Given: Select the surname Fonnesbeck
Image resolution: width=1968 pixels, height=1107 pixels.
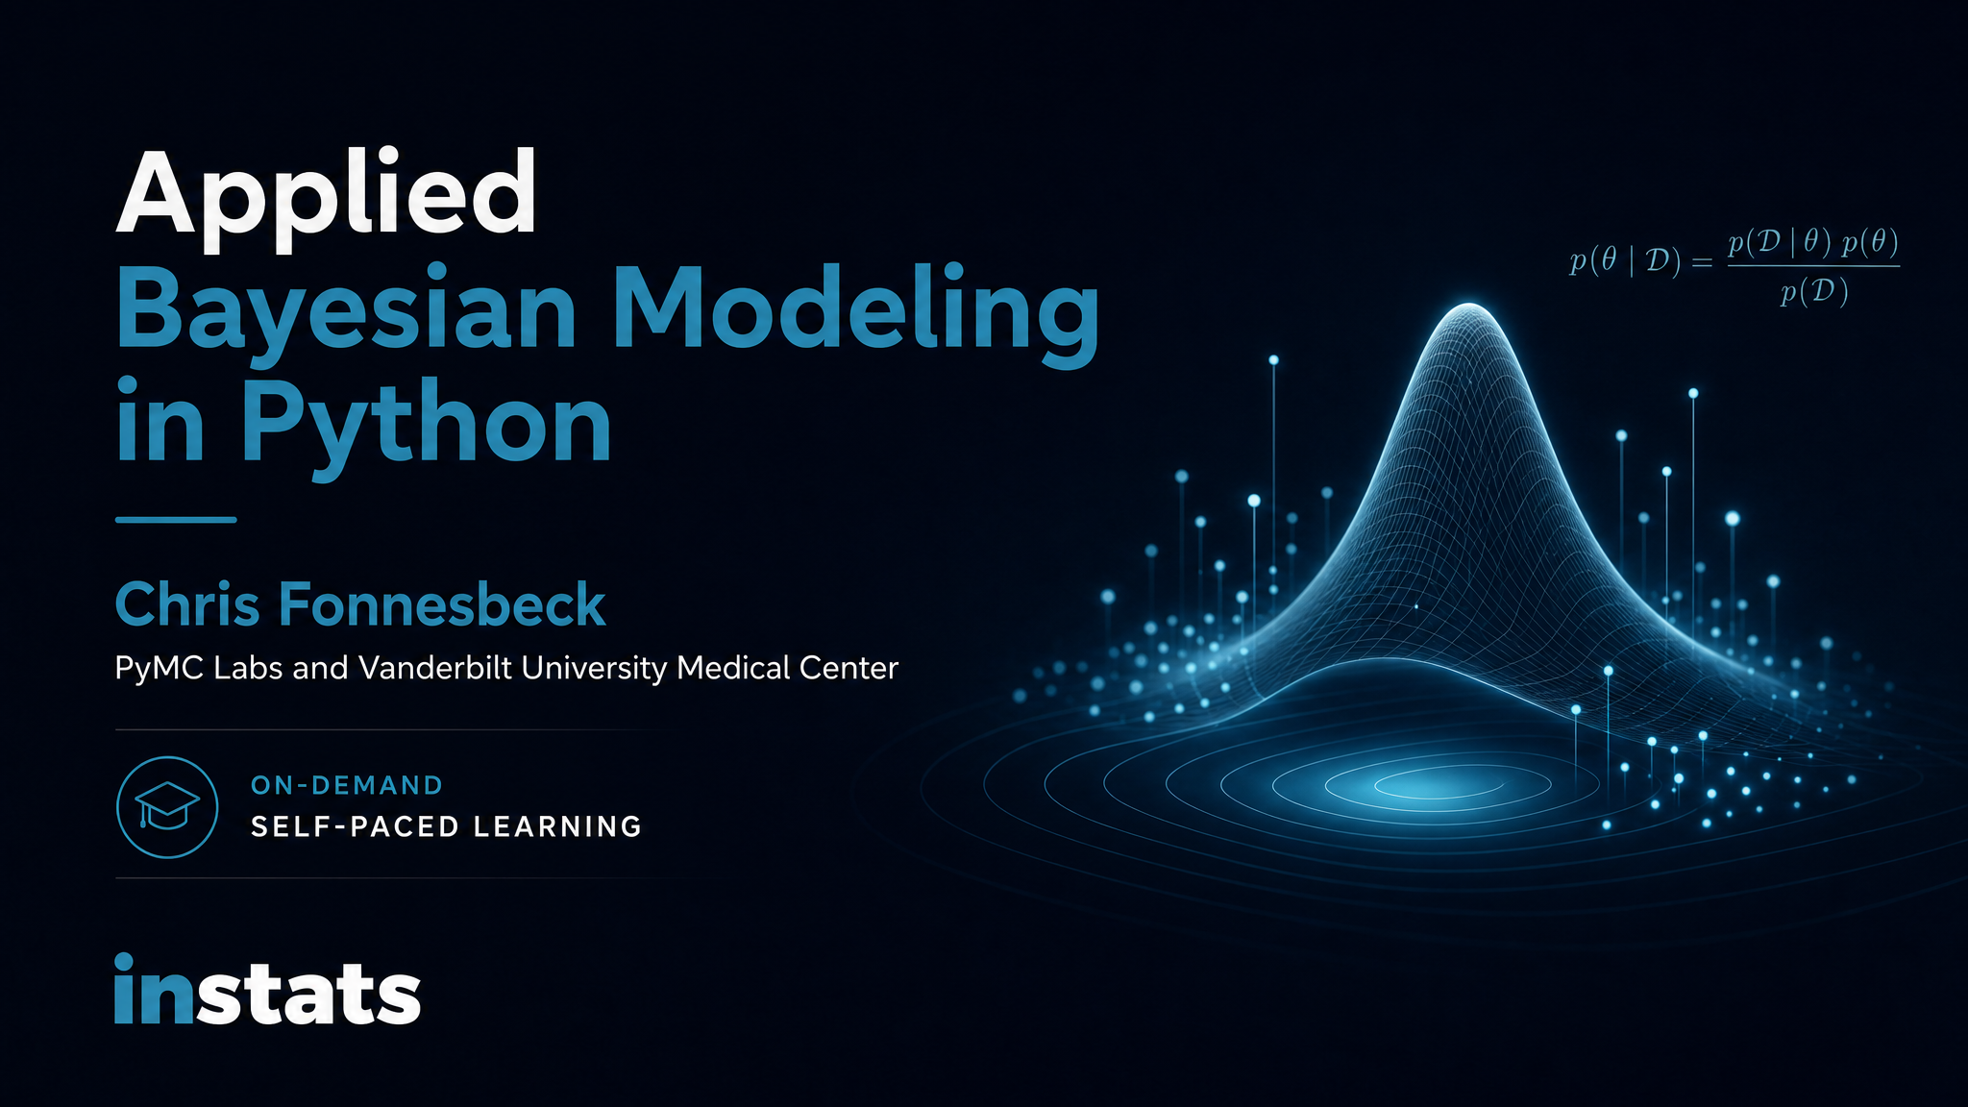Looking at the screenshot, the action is tap(442, 604).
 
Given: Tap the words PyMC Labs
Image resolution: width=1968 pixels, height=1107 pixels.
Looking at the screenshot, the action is tap(199, 668).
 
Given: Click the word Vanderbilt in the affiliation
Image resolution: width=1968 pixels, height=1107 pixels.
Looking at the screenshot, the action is tap(436, 667).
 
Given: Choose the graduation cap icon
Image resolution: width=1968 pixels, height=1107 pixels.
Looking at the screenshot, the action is tap(167, 805).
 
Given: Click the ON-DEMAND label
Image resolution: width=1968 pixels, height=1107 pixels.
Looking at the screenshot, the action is tap(346, 785).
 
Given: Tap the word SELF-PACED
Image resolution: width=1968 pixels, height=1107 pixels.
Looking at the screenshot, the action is tap(357, 826).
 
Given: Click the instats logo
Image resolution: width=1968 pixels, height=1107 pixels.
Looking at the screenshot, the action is tap(267, 990).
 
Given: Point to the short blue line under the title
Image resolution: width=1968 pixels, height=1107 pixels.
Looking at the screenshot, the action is tap(176, 520).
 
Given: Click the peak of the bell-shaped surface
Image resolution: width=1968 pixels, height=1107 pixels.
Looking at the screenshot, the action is tap(1469, 306).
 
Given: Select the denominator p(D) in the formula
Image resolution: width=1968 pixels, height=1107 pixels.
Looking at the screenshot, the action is tap(1813, 291).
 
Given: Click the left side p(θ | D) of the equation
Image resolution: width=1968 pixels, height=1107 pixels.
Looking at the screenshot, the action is tap(1625, 260).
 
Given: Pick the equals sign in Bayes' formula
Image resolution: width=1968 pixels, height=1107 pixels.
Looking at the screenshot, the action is tap(1702, 262).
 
